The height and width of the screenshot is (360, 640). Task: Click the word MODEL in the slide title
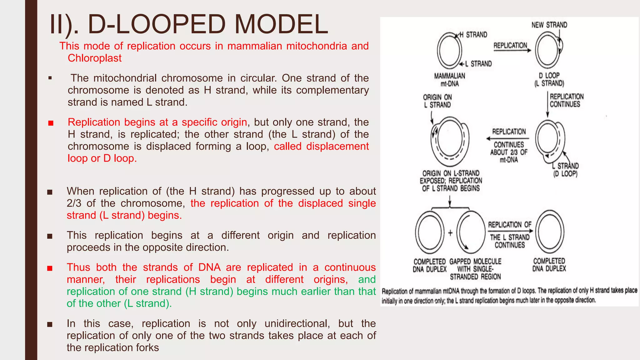pyautogui.click(x=281, y=24)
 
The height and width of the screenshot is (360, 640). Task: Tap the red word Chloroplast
pyautogui.click(x=94, y=58)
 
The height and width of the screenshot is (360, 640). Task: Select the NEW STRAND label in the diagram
pyautogui.click(x=549, y=25)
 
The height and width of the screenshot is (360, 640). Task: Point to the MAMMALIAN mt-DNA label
pyautogui.click(x=449, y=80)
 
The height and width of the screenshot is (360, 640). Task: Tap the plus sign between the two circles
pyautogui.click(x=450, y=233)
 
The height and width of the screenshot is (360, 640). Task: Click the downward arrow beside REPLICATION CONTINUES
pyautogui.click(x=547, y=105)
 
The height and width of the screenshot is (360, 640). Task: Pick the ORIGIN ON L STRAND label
pyautogui.click(x=437, y=101)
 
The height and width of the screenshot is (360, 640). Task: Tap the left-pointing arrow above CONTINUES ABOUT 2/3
pyautogui.click(x=507, y=138)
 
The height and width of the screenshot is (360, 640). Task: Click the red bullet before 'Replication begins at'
pyautogui.click(x=51, y=123)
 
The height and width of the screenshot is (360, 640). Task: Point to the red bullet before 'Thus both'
pyautogui.click(x=50, y=268)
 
